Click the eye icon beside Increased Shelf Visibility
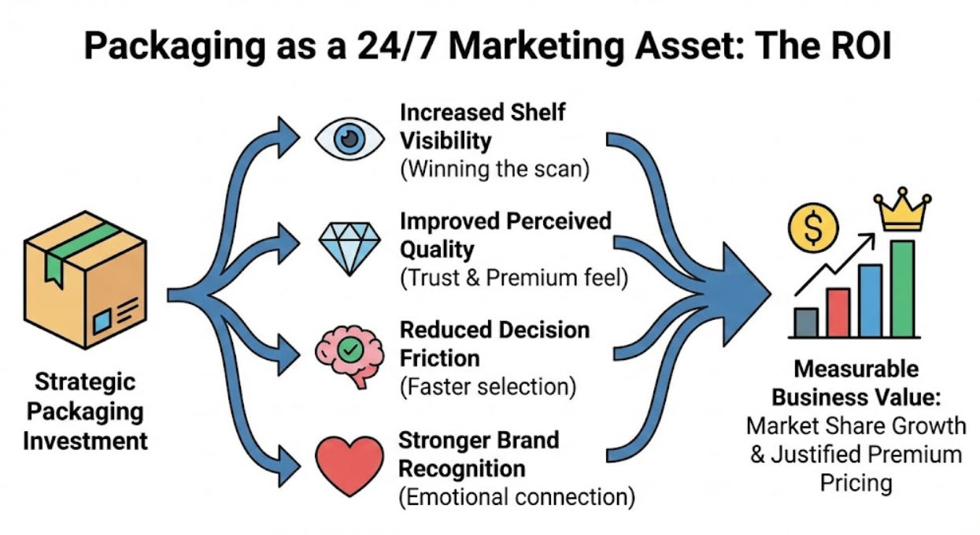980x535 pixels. click(349, 139)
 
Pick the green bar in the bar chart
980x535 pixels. click(902, 288)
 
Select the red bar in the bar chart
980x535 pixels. click(838, 313)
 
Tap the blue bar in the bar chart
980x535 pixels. click(870, 301)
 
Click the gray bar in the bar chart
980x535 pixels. click(806, 322)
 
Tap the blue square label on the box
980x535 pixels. click(102, 321)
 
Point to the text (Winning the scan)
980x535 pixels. click(494, 169)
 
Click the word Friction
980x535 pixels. click(440, 359)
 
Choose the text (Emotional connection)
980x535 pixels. click(516, 498)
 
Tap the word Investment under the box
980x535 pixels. click(85, 440)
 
